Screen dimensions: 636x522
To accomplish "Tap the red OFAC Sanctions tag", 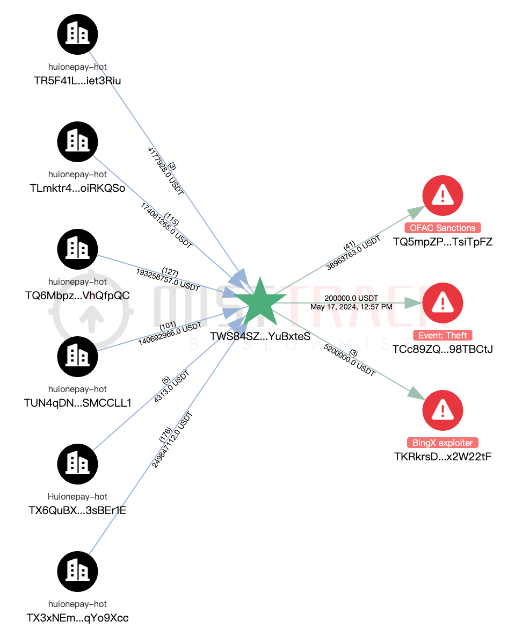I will (443, 228).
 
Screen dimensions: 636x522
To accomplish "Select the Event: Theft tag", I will (443, 335).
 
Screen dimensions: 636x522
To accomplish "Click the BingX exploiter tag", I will (443, 443).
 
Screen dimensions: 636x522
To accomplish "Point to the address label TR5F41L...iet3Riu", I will (77, 81).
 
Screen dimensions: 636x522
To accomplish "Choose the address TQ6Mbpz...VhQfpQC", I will (77, 295).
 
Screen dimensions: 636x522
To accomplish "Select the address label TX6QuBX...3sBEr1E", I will (77, 510).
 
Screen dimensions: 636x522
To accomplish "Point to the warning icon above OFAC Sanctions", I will (443, 195).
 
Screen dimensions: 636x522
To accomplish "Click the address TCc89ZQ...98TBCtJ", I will (443, 349).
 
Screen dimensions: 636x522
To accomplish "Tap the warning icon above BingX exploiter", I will (443, 410).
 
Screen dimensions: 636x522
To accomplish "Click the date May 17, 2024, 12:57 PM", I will (351, 307).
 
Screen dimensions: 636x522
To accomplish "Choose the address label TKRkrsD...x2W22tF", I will (443, 457).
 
